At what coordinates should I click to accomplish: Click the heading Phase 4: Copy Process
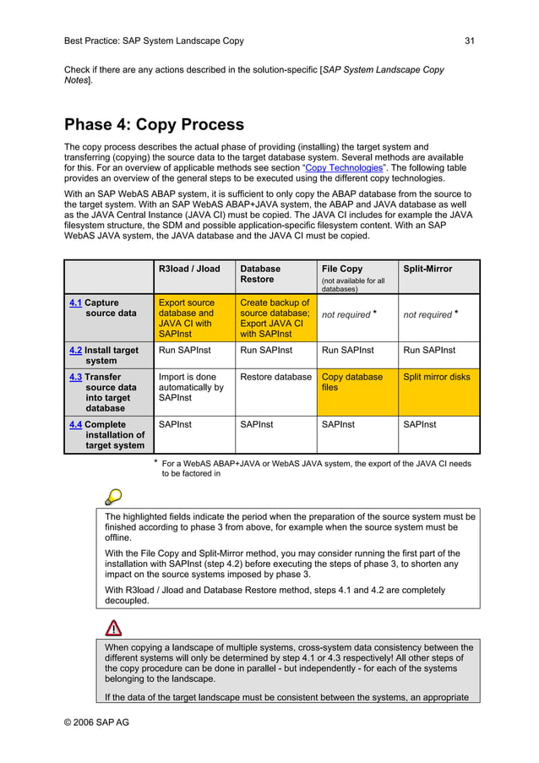coord(154,125)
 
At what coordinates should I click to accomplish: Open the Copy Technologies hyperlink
coord(343,168)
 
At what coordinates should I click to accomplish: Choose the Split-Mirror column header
coord(427,269)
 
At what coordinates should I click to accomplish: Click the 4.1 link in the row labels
coord(75,302)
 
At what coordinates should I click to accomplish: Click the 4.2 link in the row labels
coord(75,350)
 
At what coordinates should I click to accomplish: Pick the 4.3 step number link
coord(75,377)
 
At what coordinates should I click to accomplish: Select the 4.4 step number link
coord(75,424)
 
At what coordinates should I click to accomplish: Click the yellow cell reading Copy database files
coord(352,383)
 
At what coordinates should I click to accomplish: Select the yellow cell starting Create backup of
coord(275,318)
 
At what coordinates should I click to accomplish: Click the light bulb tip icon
coord(113,497)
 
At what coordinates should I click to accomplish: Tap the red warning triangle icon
coord(113,627)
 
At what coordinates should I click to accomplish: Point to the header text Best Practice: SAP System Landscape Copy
coord(154,41)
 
